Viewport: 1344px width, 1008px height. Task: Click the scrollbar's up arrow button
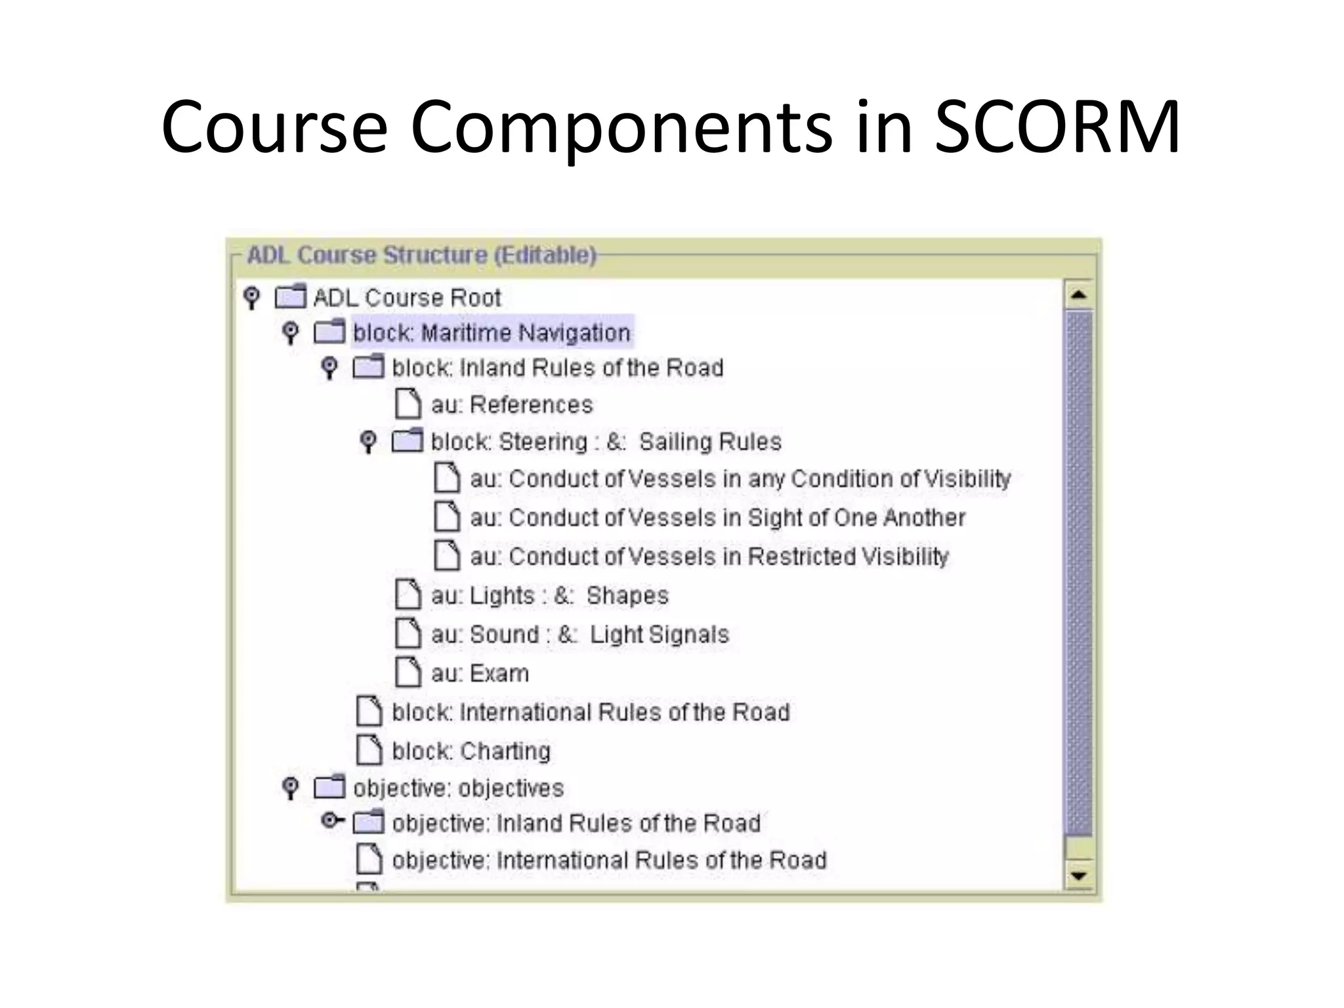pyautogui.click(x=1078, y=295)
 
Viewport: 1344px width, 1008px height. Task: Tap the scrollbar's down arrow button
pyautogui.click(x=1078, y=875)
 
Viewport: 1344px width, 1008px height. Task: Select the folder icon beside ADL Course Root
pyautogui.click(x=290, y=297)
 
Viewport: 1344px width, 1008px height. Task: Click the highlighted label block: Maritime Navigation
pyautogui.click(x=492, y=333)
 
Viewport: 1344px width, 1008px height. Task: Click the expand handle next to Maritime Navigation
pyautogui.click(x=290, y=332)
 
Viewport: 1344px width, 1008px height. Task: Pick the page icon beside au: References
pyautogui.click(x=408, y=404)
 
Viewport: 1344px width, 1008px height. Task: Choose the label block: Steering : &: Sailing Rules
pyautogui.click(x=606, y=442)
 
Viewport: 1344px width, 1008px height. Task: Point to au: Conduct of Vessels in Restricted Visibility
pyautogui.click(x=709, y=556)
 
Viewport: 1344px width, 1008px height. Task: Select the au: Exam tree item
pyautogui.click(x=479, y=673)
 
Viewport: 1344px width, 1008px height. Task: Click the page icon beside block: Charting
pyautogui.click(x=369, y=750)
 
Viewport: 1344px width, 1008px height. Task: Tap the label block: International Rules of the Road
pyautogui.click(x=591, y=712)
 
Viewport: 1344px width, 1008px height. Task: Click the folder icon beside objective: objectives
pyautogui.click(x=329, y=787)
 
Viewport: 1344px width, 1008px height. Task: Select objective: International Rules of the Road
pyautogui.click(x=609, y=860)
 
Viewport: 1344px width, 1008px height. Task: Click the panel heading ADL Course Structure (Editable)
pyautogui.click(x=421, y=255)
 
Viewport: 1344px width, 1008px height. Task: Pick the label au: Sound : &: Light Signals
pyautogui.click(x=579, y=635)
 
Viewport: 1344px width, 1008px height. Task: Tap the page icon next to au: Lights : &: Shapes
pyautogui.click(x=408, y=595)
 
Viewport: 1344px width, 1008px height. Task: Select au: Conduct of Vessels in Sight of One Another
pyautogui.click(x=717, y=518)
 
